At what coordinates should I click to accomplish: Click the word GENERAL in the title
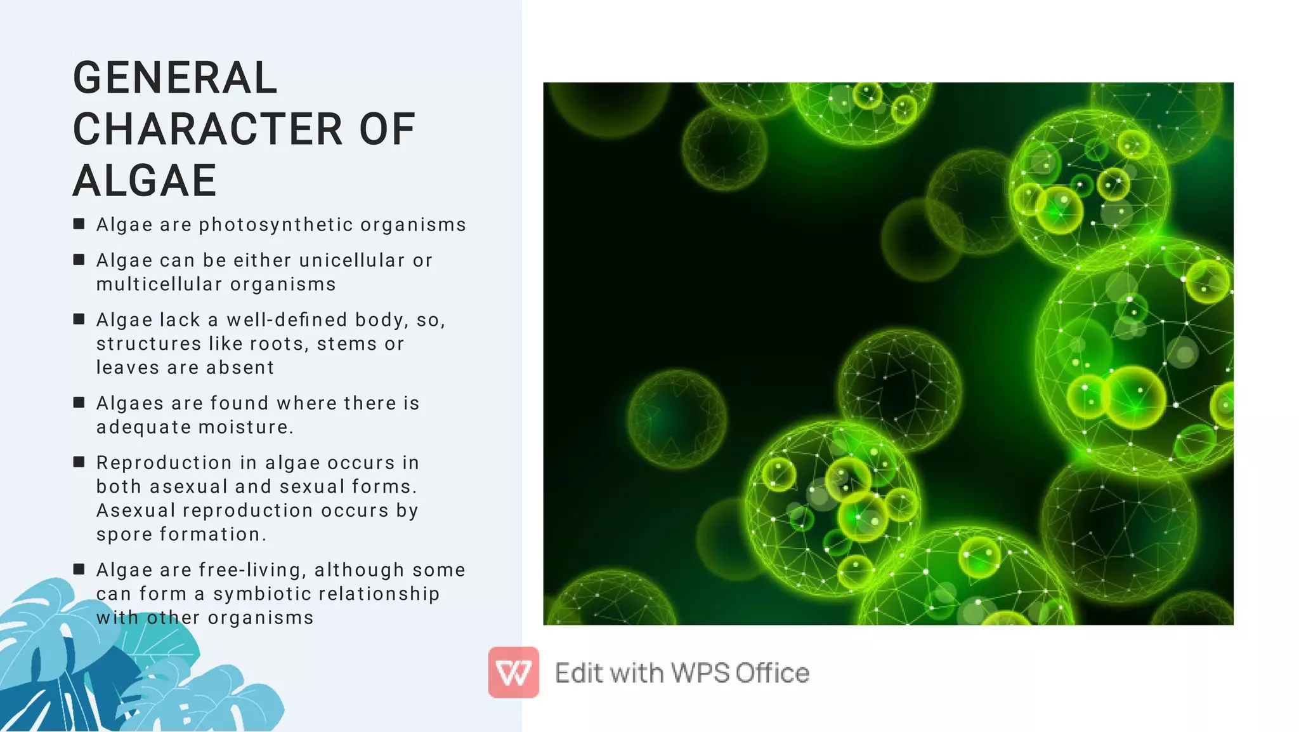[x=175, y=78]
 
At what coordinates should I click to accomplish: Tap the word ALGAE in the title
[x=145, y=181]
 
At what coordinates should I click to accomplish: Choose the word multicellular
[x=159, y=284]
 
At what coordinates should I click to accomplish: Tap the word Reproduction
[x=164, y=463]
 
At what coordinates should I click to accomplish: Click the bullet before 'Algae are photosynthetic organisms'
[x=79, y=223]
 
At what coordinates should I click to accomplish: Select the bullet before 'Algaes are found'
[x=79, y=402]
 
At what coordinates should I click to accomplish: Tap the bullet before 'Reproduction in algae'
[x=79, y=462]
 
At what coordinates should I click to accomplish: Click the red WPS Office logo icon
[x=513, y=672]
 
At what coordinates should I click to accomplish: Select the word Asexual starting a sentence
[x=136, y=511]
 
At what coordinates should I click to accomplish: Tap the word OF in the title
[x=387, y=130]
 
